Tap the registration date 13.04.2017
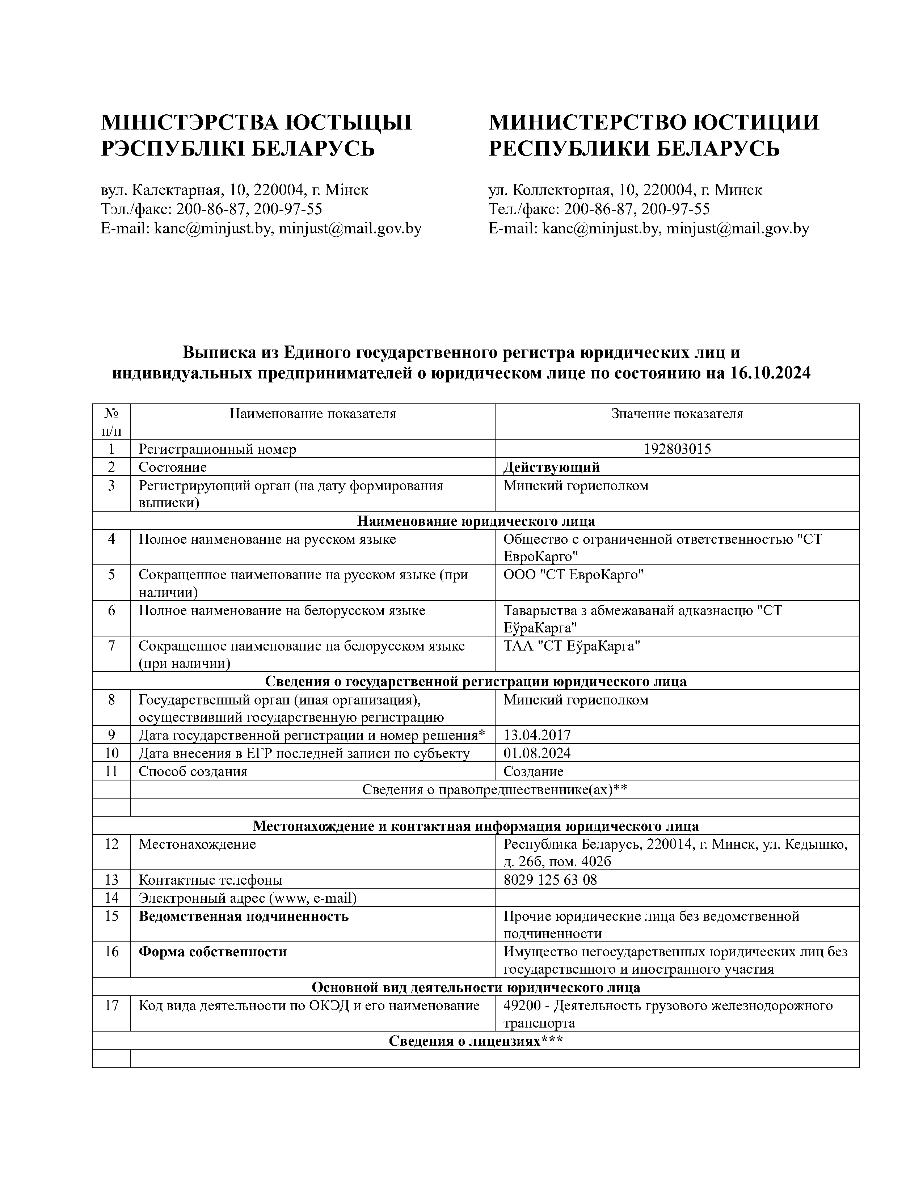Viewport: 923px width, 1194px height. tap(536, 735)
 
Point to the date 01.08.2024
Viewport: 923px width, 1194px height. tap(536, 753)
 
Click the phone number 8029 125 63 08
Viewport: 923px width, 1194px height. tap(549, 880)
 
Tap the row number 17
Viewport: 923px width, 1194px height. tap(111, 1005)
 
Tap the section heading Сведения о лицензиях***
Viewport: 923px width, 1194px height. tap(476, 1041)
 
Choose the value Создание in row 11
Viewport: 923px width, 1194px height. tap(533, 771)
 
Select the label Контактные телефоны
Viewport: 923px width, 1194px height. tap(211, 880)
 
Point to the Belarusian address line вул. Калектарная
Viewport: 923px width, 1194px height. tap(234, 190)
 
